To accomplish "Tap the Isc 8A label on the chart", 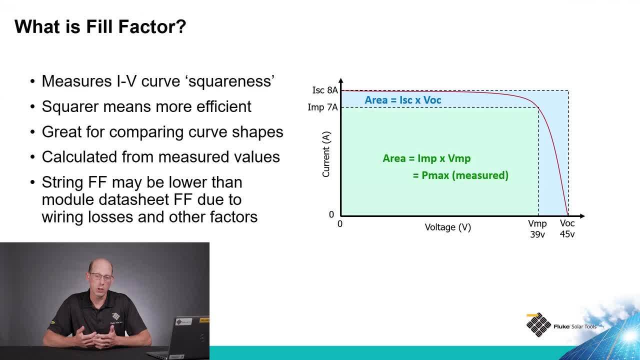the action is [325, 90].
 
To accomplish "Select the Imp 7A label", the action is [322, 107].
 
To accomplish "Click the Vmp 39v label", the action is [537, 229].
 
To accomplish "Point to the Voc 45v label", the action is [567, 228].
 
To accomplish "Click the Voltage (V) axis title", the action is [447, 227].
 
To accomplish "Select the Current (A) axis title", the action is [326, 154].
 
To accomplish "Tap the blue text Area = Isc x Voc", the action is [403, 100].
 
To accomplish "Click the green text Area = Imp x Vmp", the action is [426, 158].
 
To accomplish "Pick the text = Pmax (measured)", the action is [460, 175].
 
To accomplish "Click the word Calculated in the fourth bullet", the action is [79, 157].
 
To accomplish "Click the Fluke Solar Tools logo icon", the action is [538, 325].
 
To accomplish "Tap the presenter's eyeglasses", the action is [101, 277].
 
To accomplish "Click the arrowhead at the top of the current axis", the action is [341, 80].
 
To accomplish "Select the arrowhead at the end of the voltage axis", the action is [582, 216].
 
